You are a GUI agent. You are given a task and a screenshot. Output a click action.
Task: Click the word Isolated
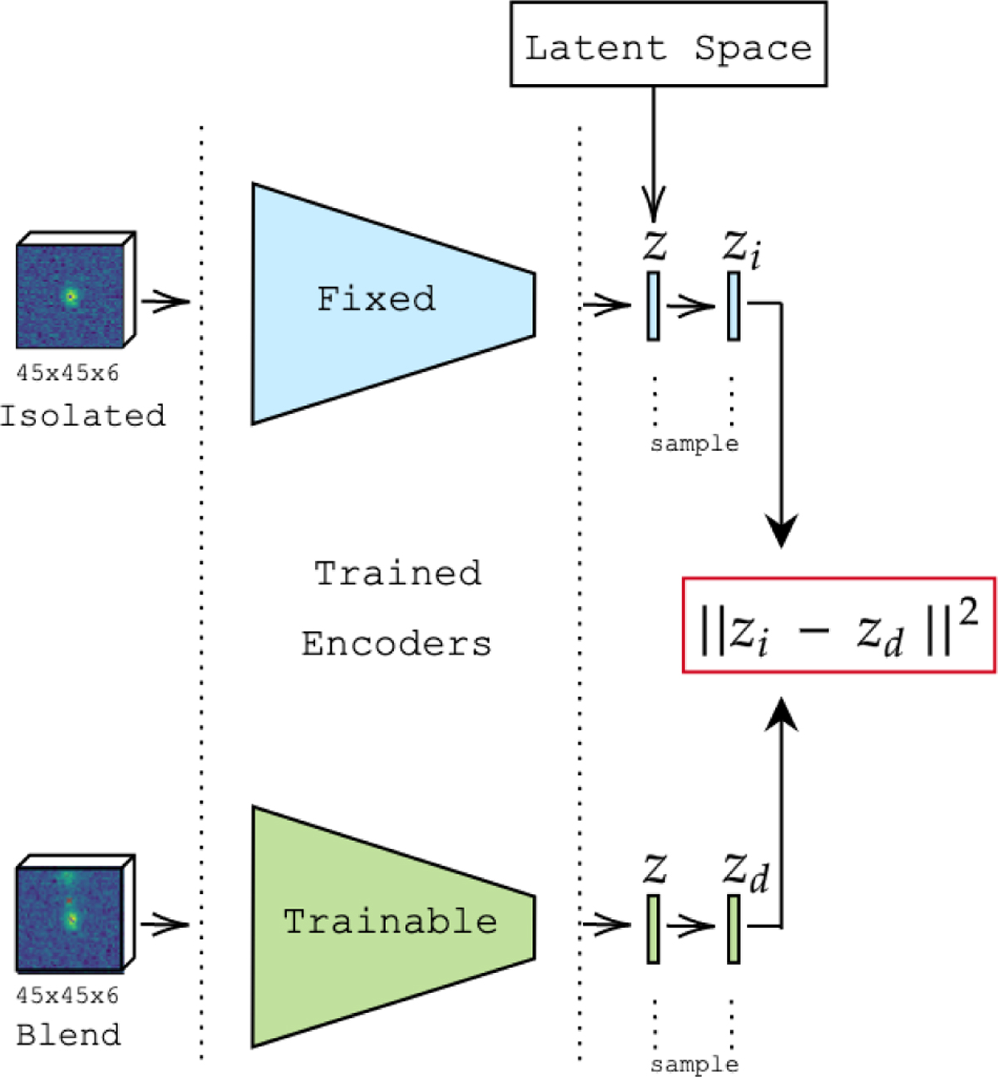pyautogui.click(x=83, y=416)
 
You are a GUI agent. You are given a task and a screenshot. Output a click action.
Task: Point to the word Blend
pyautogui.click(x=69, y=1035)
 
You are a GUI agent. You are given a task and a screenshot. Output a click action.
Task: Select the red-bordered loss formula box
pyautogui.click(x=838, y=625)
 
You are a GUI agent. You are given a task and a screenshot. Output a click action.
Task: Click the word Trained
pyautogui.click(x=398, y=573)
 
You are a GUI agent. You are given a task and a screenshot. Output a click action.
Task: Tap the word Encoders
pyautogui.click(x=397, y=644)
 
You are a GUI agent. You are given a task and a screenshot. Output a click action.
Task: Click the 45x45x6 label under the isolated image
pyautogui.click(x=67, y=373)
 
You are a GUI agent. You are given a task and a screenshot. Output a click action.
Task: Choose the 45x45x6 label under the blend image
pyautogui.click(x=67, y=995)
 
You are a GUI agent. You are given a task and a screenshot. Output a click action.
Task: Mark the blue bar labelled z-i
pyautogui.click(x=734, y=305)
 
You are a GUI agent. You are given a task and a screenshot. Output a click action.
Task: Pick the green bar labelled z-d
pyautogui.click(x=734, y=928)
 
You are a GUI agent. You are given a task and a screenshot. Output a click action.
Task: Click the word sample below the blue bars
pyautogui.click(x=694, y=444)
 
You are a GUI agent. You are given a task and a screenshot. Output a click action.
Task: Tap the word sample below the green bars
pyautogui.click(x=694, y=1065)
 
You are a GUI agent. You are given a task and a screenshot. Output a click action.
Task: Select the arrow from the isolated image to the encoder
pyautogui.click(x=165, y=300)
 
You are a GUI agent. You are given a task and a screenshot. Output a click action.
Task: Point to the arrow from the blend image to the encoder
pyautogui.click(x=165, y=923)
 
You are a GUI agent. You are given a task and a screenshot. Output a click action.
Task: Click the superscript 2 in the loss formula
pyautogui.click(x=967, y=613)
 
